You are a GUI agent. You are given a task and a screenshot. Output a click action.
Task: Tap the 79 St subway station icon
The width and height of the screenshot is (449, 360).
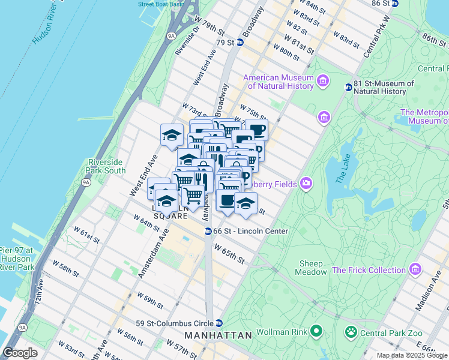coord(240,42)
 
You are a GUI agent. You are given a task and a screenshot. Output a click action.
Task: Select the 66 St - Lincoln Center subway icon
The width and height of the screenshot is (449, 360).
coord(208,231)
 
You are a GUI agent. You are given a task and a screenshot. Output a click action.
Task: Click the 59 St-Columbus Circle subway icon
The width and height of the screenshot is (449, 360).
coord(220,322)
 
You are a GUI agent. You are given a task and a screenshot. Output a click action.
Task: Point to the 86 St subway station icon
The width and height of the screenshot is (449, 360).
coord(394,4)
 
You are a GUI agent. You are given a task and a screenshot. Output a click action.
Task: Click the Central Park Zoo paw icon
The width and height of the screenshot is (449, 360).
coord(350,331)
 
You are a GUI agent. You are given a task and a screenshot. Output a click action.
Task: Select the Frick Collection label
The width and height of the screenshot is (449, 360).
coord(370,270)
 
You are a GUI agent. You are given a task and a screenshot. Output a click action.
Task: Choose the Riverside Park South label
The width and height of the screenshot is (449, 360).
coord(107,166)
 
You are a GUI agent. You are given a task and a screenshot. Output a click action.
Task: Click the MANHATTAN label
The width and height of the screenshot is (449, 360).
coord(218,335)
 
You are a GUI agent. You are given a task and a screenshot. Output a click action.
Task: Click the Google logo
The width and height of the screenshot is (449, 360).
coord(20,353)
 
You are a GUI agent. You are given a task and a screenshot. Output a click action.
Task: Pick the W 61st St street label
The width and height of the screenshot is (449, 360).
coord(86,235)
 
